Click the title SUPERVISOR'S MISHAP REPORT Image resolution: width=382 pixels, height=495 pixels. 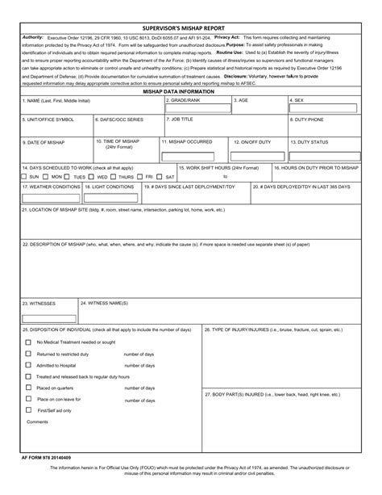[190, 27]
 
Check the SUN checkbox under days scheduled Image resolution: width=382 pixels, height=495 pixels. [24, 176]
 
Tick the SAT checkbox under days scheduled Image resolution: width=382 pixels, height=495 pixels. [160, 176]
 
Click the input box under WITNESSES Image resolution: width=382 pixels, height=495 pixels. [48, 317]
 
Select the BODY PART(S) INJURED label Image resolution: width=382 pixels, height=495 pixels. [273, 395]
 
